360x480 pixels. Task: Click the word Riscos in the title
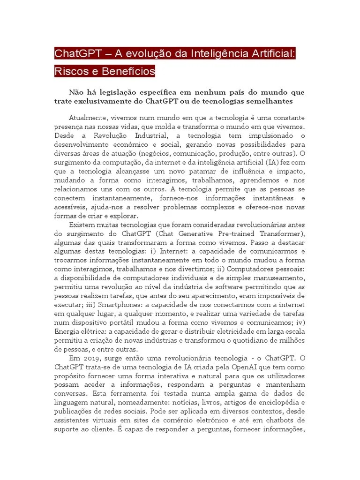point(68,71)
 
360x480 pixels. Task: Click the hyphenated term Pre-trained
point(226,233)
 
